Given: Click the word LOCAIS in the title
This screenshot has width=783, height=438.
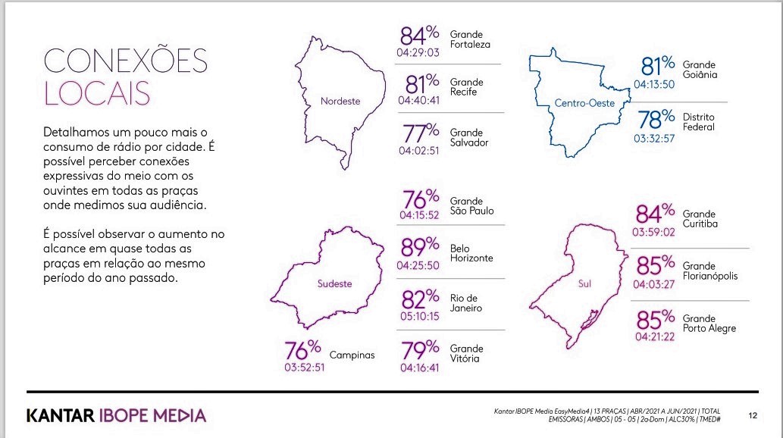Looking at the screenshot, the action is coord(97,93).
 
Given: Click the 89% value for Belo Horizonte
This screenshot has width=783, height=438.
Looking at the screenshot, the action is coord(420,246).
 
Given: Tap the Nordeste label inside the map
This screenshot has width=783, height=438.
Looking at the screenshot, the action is coord(340,101).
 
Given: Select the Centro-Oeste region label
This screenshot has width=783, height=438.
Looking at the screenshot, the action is coord(584,103).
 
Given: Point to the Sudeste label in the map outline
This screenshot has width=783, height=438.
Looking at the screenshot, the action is coord(334,283).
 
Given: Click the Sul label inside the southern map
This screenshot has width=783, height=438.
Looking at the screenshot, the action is coord(584,283).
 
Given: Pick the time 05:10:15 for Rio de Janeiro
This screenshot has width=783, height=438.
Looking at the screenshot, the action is coord(419,316).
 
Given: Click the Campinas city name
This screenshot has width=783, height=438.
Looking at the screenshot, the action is coord(352,355).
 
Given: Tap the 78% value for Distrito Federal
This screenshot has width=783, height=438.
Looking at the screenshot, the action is coord(656,120).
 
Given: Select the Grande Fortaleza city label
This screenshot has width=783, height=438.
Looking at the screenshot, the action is coord(470,39).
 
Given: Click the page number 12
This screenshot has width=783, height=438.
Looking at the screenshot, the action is coord(753,415).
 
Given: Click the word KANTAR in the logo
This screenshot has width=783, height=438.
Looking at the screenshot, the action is coord(61,415).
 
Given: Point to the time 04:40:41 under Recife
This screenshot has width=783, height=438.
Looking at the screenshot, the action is coord(419,100).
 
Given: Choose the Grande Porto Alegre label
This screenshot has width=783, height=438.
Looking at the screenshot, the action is coord(709,324).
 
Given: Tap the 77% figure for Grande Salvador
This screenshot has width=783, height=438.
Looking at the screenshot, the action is coord(421,133).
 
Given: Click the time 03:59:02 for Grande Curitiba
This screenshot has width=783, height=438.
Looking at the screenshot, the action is coord(653,232).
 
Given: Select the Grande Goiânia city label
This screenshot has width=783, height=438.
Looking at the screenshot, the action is coord(700,70).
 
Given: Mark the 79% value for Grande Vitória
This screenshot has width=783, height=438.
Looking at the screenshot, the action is coord(421,349).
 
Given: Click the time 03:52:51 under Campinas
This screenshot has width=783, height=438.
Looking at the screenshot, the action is coord(305,368).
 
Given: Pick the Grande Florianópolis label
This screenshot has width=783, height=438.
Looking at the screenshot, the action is coord(710,271).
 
